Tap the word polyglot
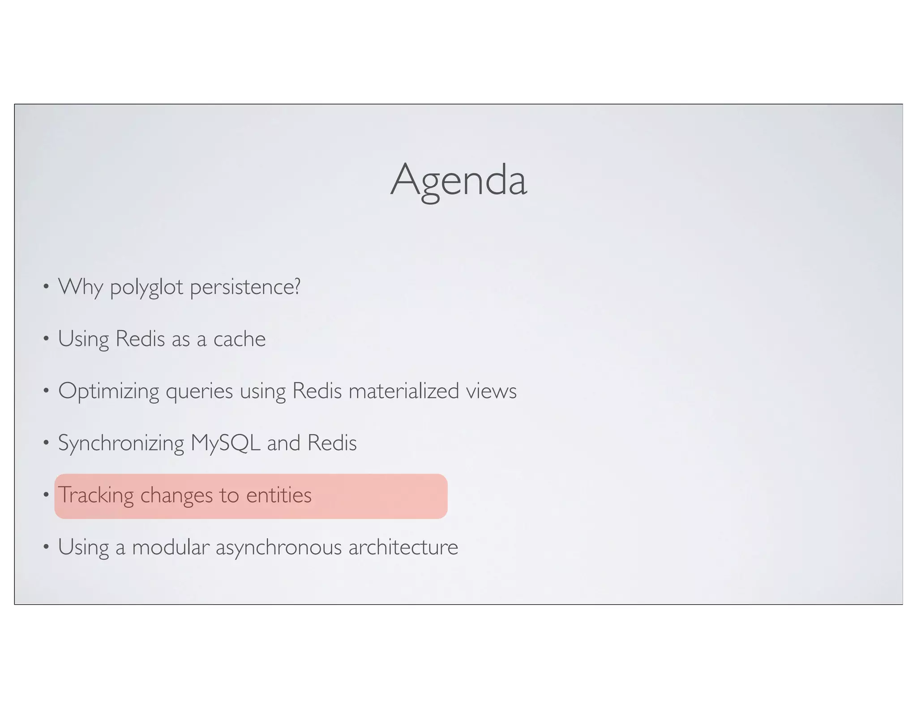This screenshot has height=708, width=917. click(x=146, y=287)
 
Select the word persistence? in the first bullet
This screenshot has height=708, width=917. click(x=245, y=287)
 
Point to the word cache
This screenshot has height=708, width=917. click(x=239, y=339)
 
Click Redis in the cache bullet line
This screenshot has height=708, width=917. click(x=140, y=339)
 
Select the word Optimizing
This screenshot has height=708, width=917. click(x=108, y=391)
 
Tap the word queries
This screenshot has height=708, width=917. click(x=199, y=391)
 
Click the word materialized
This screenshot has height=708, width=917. click(x=403, y=391)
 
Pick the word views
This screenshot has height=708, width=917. click(x=491, y=391)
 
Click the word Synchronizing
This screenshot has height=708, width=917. click(x=121, y=443)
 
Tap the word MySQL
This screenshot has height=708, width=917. click(x=225, y=443)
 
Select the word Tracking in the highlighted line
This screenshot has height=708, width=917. click(x=96, y=495)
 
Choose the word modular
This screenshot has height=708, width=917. click(x=171, y=547)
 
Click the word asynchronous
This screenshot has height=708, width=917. click(x=279, y=547)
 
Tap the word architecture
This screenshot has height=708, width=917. click(x=403, y=547)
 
